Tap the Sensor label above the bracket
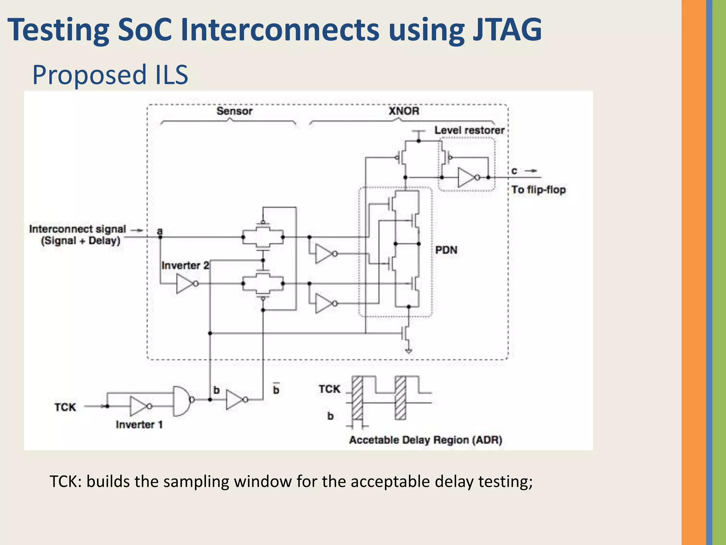pyautogui.click(x=234, y=111)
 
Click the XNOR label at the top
pyautogui.click(x=404, y=111)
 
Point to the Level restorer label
pyautogui.click(x=469, y=130)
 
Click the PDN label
pyautogui.click(x=446, y=250)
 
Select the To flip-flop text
pyautogui.click(x=538, y=190)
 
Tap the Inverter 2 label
pyautogui.click(x=185, y=265)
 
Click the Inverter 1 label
pyautogui.click(x=139, y=425)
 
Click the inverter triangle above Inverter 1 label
pyautogui.click(x=139, y=406)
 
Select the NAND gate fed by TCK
pyautogui.click(x=181, y=401)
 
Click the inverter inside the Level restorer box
pyautogui.click(x=467, y=177)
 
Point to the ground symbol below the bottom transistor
pyautogui.click(x=408, y=351)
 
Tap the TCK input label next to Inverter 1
pyautogui.click(x=65, y=407)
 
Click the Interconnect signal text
pyautogui.click(x=77, y=229)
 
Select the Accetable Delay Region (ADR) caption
pyautogui.click(x=425, y=440)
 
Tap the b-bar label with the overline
pyautogui.click(x=276, y=390)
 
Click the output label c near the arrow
pyautogui.click(x=514, y=171)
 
